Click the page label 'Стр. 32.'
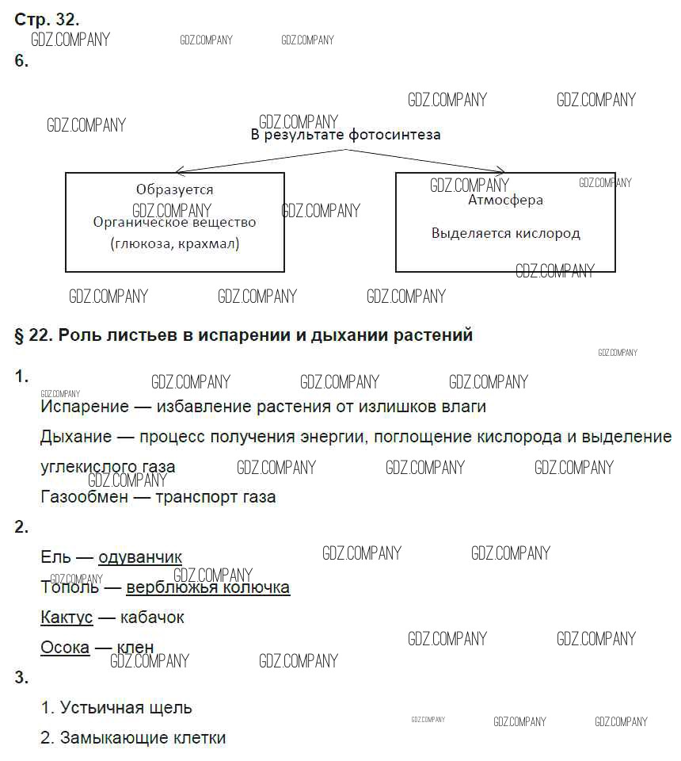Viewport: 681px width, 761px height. pyautogui.click(x=47, y=19)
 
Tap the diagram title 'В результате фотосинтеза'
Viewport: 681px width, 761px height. pyautogui.click(x=345, y=135)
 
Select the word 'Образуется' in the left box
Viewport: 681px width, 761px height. pyautogui.click(x=174, y=189)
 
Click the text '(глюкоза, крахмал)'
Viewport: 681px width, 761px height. pyautogui.click(x=175, y=243)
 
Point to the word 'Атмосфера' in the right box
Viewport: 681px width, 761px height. pyautogui.click(x=505, y=200)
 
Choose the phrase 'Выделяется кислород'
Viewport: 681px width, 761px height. pyautogui.click(x=505, y=233)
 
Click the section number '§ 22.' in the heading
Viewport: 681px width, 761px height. pyautogui.click(x=33, y=335)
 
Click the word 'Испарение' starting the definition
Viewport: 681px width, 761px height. pyautogui.click(x=85, y=407)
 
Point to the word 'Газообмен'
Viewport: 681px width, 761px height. pyautogui.click(x=85, y=497)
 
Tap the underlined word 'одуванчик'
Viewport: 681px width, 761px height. pyautogui.click(x=140, y=557)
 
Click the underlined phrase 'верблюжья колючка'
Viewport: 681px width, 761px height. pyautogui.click(x=208, y=587)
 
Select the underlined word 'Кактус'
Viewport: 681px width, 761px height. pyautogui.click(x=67, y=618)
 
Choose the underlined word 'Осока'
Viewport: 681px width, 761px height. pyautogui.click(x=65, y=648)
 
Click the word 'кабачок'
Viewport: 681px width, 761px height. pyautogui.click(x=152, y=618)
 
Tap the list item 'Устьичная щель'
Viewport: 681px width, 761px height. pyautogui.click(x=126, y=708)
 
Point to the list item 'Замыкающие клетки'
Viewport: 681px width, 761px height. pyautogui.click(x=143, y=738)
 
